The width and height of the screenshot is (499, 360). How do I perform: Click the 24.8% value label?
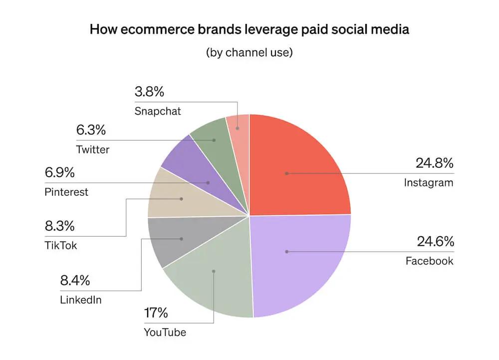435,163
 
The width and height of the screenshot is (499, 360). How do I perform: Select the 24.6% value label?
435,242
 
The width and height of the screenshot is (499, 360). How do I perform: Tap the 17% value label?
156,314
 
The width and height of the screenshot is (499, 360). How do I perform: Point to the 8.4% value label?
75,281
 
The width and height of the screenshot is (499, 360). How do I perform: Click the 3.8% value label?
149,92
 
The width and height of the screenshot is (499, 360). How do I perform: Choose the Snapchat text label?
158,111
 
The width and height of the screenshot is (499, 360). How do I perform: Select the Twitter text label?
93,149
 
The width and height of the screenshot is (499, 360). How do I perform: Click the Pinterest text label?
66,192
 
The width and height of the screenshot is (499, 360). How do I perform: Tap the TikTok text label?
61,246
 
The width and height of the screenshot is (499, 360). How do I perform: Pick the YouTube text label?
165,332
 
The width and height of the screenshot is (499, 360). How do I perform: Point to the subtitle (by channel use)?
249,52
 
